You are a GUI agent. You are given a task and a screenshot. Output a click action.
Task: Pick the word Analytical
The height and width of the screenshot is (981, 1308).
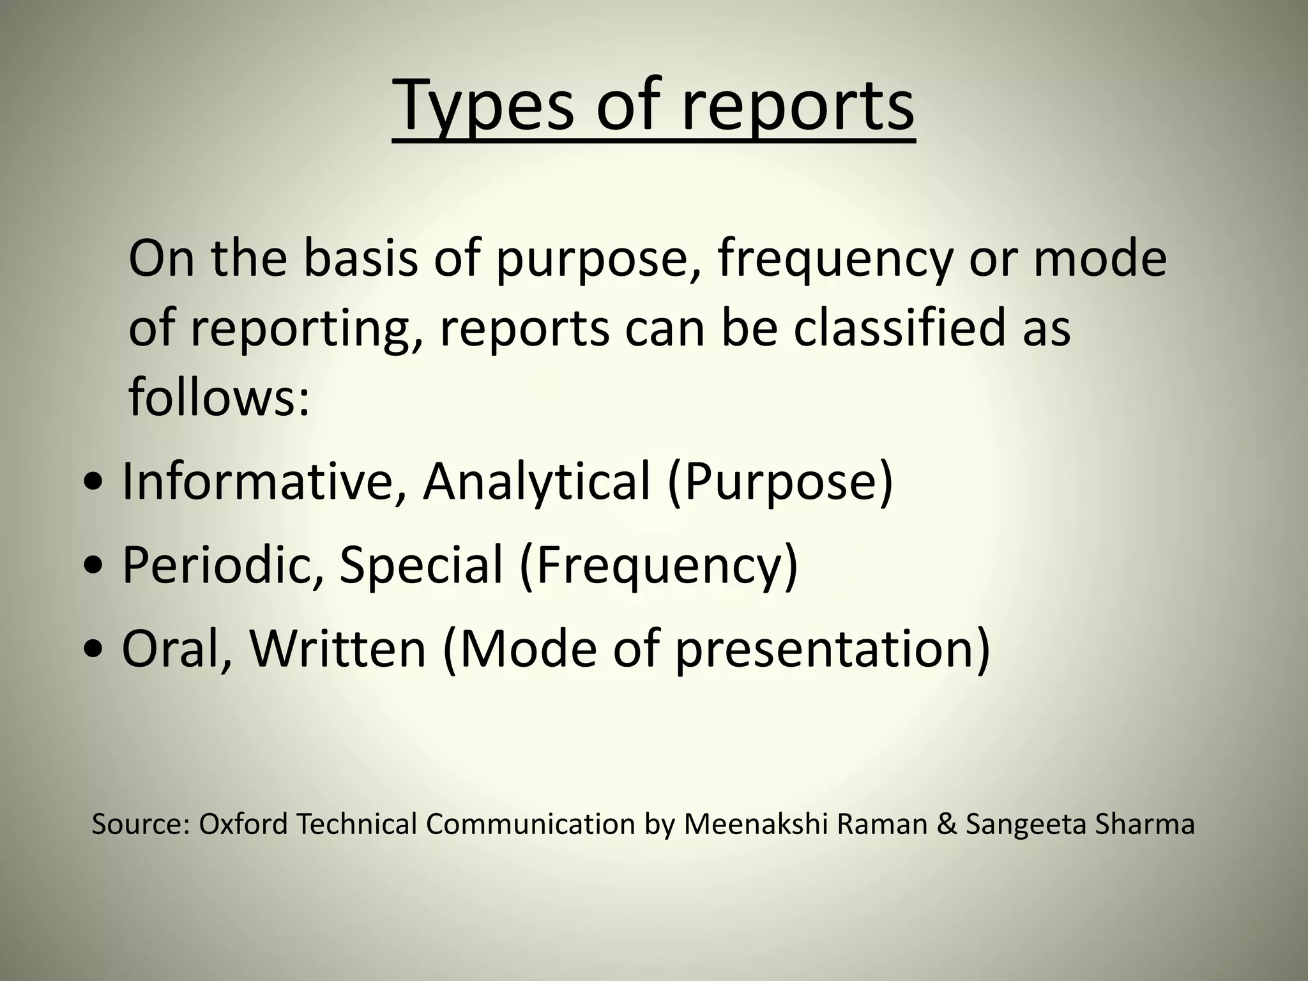pyautogui.click(x=536, y=480)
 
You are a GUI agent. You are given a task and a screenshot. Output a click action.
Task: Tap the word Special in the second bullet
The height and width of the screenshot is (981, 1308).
pyautogui.click(x=422, y=565)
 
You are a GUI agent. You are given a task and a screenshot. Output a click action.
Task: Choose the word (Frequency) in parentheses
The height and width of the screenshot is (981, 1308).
pyautogui.click(x=658, y=566)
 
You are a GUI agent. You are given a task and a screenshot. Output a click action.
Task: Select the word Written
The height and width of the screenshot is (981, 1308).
pyautogui.click(x=338, y=649)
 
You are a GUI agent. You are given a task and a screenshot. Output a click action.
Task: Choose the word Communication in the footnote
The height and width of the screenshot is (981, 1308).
pyautogui.click(x=529, y=824)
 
